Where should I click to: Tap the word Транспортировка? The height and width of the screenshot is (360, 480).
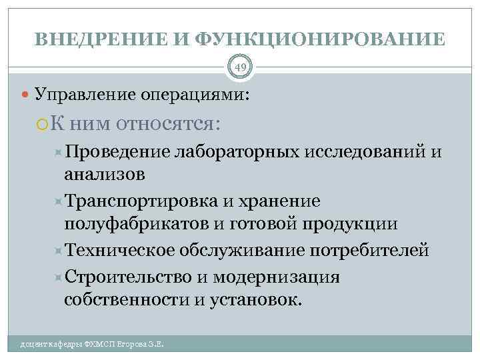141,201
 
